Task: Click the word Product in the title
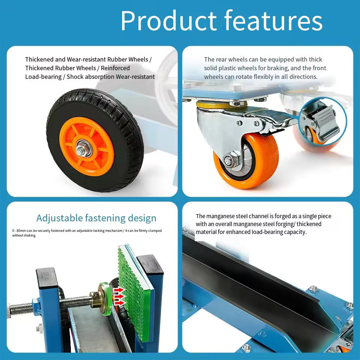[x=168, y=20]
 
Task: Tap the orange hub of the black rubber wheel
[x=87, y=147]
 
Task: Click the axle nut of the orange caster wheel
[x=228, y=159]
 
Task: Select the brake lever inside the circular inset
[x=326, y=123]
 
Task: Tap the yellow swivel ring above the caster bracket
[x=222, y=105]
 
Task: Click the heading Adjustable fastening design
[x=96, y=218]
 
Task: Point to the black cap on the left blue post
[x=46, y=277]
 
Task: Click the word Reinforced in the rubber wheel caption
[x=115, y=68]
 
